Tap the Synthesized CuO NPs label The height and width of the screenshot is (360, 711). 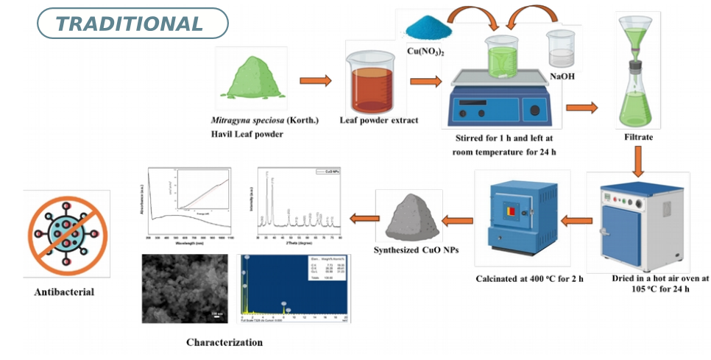[x=416, y=250]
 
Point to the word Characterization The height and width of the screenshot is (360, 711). [x=224, y=342]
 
